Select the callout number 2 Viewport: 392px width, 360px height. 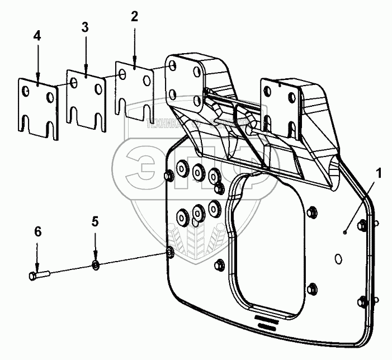(134, 16)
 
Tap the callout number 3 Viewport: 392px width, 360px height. (86, 27)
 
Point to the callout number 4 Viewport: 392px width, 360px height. (37, 36)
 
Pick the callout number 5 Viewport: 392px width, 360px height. (95, 222)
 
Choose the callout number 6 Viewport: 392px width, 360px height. (37, 230)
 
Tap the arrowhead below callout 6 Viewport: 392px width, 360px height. (37, 268)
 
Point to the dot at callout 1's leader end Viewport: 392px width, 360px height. (346, 231)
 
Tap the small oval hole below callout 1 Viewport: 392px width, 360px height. (338, 259)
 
